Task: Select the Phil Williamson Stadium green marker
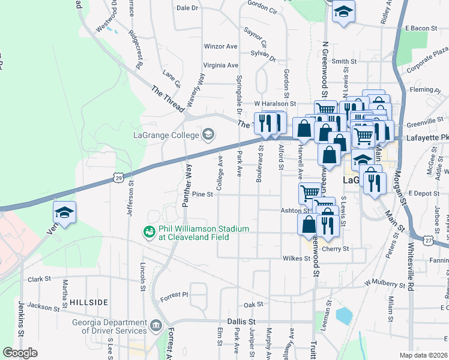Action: point(147,230)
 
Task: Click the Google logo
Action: point(20,353)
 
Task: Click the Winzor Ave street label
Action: point(221,46)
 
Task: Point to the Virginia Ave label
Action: point(221,65)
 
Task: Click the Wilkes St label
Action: point(296,259)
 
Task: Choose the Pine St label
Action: point(203,194)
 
